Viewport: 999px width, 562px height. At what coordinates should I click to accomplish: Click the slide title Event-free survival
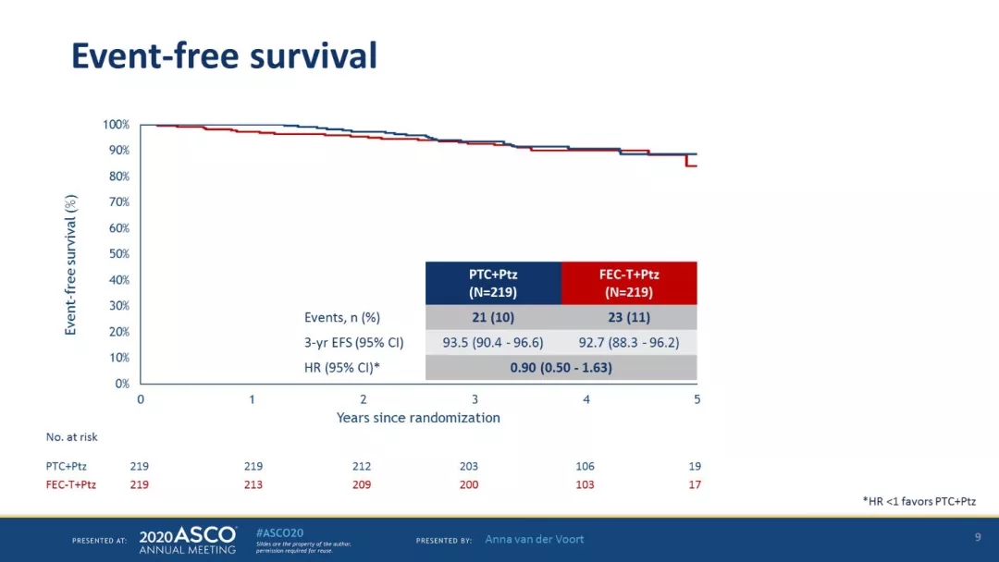pos(224,56)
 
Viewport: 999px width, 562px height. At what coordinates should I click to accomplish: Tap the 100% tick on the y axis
pos(116,125)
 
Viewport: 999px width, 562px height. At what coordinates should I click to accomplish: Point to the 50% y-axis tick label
pos(117,254)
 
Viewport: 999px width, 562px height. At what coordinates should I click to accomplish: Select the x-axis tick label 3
pos(475,399)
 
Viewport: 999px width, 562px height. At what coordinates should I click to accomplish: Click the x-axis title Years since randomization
pos(418,418)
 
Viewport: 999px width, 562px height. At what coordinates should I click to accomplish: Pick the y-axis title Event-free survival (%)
pos(71,264)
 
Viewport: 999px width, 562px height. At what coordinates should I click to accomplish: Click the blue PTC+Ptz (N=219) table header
pos(493,283)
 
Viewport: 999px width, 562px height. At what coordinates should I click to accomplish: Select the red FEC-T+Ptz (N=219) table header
pos(629,283)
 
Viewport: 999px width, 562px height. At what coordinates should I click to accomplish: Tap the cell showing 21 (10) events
pos(493,317)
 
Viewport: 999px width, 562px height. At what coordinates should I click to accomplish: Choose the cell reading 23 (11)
pos(629,317)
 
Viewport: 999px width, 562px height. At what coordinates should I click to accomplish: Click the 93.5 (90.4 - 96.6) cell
pos(493,342)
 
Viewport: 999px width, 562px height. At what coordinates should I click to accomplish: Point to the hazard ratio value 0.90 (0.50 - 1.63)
pos(561,368)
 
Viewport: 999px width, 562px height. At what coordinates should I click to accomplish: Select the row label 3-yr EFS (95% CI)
pos(354,342)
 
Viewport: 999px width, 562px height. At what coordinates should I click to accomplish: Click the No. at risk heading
pos(72,437)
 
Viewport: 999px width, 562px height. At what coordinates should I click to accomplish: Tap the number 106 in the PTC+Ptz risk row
pos(585,467)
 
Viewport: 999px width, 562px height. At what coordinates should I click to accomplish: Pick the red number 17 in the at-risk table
pos(695,484)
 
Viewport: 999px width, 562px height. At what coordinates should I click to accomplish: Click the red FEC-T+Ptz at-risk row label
pos(71,484)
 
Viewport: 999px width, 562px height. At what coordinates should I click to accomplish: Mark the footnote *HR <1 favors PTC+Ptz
pos(919,501)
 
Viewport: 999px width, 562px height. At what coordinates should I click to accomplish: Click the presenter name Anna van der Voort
pos(535,539)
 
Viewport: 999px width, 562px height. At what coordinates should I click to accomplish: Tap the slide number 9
pos(978,537)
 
